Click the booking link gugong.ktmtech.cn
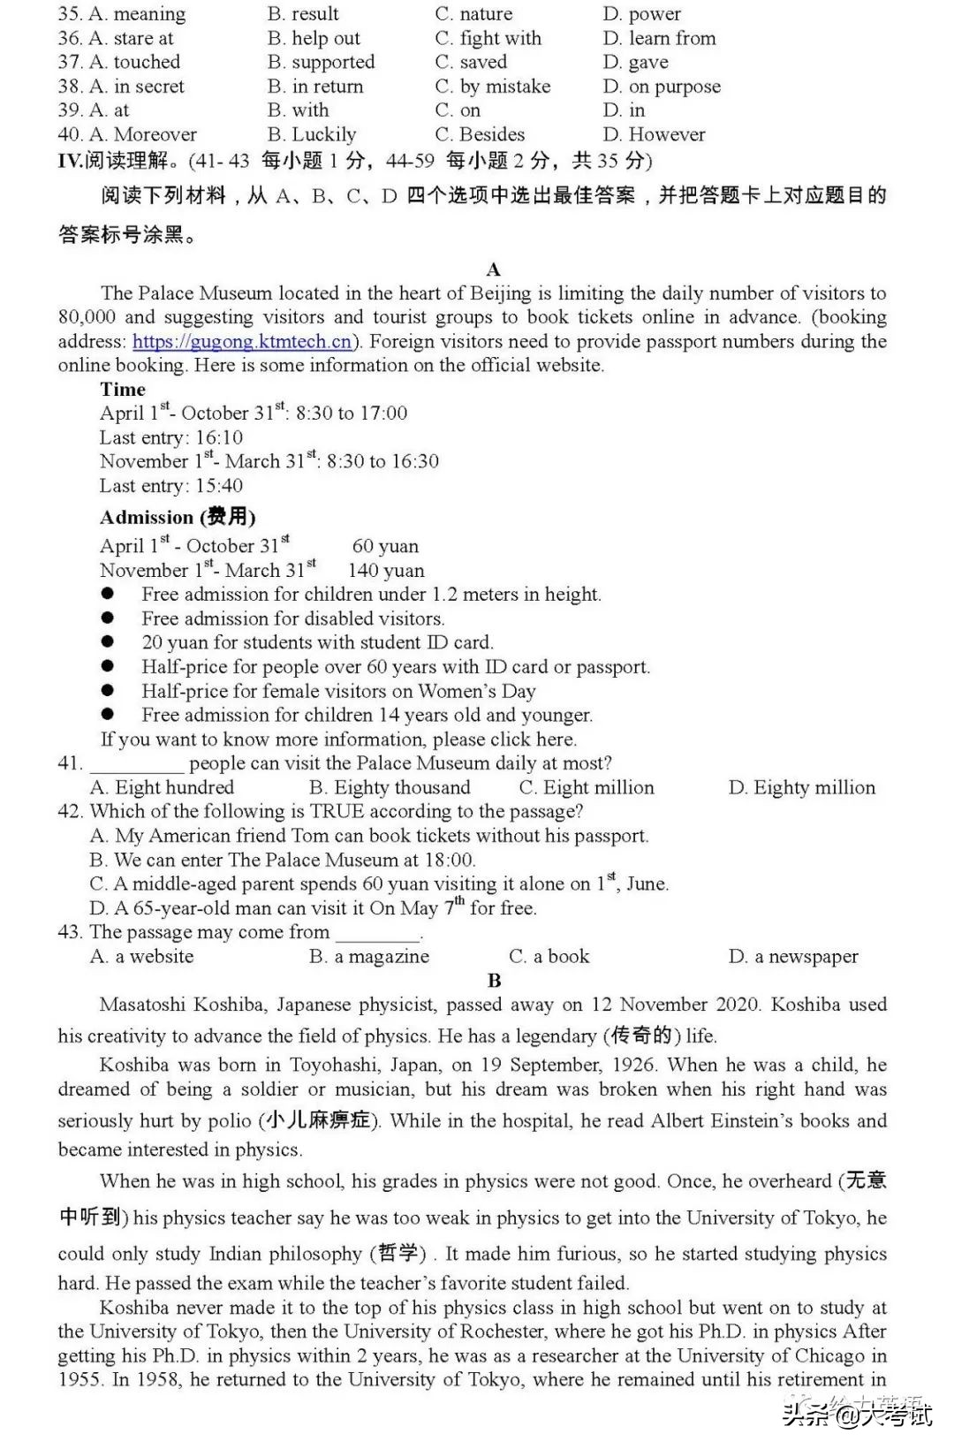pyautogui.click(x=242, y=342)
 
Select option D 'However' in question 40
pyautogui.click(x=655, y=135)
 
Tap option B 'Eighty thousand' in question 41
pyautogui.click(x=390, y=788)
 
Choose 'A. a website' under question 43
pyautogui.click(x=141, y=957)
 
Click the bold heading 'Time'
pyautogui.click(x=123, y=390)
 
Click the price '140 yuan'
pyautogui.click(x=386, y=571)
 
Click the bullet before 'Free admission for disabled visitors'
pyautogui.click(x=108, y=618)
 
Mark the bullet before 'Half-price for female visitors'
pyautogui.click(x=108, y=691)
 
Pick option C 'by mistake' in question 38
pyautogui.click(x=492, y=87)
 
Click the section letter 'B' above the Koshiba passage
pyautogui.click(x=494, y=981)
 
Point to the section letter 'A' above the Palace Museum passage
pyautogui.click(x=493, y=269)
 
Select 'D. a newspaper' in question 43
pyautogui.click(x=792, y=957)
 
